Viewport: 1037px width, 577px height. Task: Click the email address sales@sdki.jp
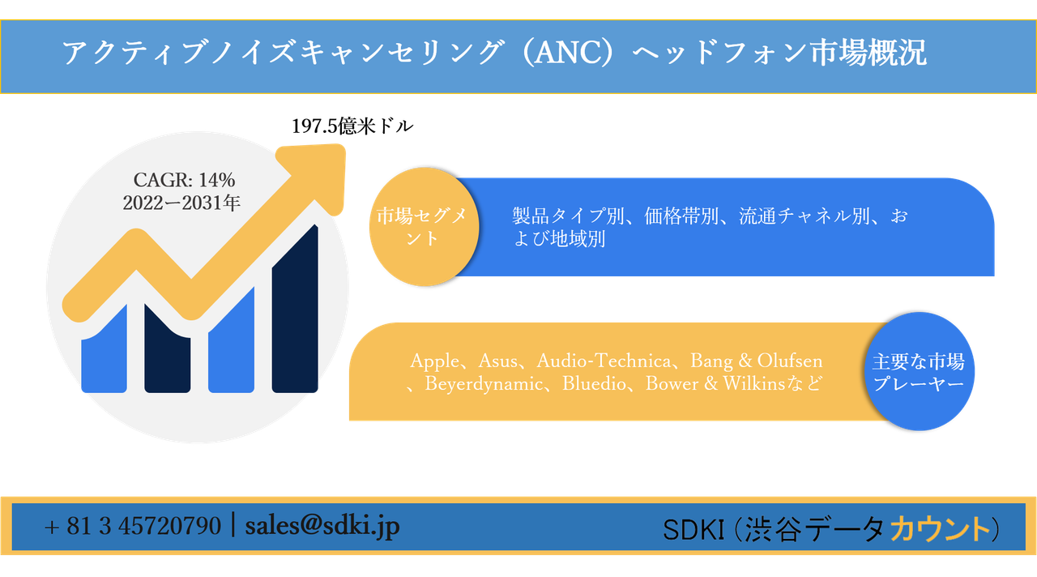click(x=322, y=526)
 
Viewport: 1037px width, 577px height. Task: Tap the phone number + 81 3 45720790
click(x=133, y=527)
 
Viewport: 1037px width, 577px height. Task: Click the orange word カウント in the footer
click(x=940, y=529)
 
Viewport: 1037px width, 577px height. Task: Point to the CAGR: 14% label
click(x=184, y=181)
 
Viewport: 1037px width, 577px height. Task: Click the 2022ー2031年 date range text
click(x=182, y=203)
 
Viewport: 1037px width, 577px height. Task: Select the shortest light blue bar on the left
click(x=104, y=353)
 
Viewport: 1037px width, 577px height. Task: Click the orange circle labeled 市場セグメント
click(x=422, y=228)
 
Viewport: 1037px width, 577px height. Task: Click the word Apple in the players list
click(x=434, y=361)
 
